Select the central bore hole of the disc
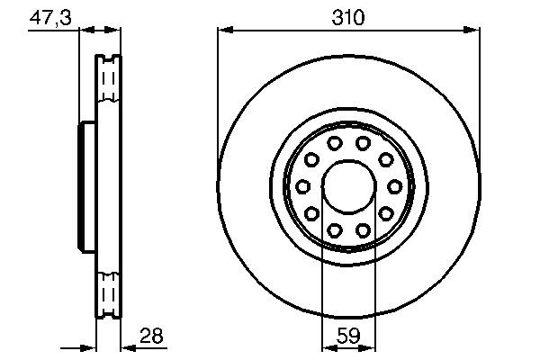click(x=347, y=186)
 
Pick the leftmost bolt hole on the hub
click(x=302, y=186)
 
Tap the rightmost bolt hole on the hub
click(x=392, y=186)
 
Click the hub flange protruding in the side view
click(x=87, y=186)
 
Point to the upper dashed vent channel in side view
click(x=108, y=86)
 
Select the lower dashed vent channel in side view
click(x=108, y=290)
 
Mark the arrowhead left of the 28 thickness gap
click(x=90, y=346)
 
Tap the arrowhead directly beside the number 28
click(x=126, y=346)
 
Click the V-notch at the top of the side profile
click(x=108, y=59)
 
